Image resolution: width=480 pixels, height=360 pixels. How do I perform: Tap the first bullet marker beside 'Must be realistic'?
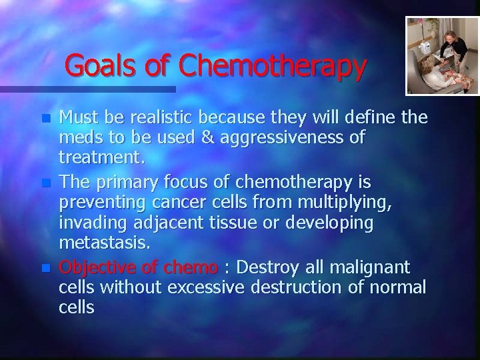pos(45,118)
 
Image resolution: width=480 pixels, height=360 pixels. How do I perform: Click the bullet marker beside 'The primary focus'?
pos(45,181)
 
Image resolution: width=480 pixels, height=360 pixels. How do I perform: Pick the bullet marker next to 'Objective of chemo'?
pos(45,267)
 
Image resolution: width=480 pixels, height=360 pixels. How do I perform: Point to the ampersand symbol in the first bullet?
pos(207,137)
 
